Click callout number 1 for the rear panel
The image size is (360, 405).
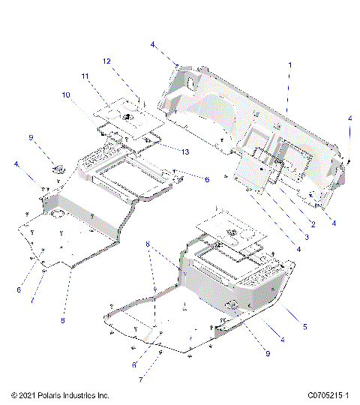pos(289,66)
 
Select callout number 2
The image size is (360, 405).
pos(312,225)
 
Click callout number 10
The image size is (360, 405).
pos(66,95)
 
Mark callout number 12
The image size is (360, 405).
pos(106,61)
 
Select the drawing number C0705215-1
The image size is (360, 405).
pos(328,394)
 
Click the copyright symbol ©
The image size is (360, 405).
pos(7,394)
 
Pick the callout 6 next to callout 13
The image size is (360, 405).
pos(207,179)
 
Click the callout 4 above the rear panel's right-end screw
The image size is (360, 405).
pos(349,118)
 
